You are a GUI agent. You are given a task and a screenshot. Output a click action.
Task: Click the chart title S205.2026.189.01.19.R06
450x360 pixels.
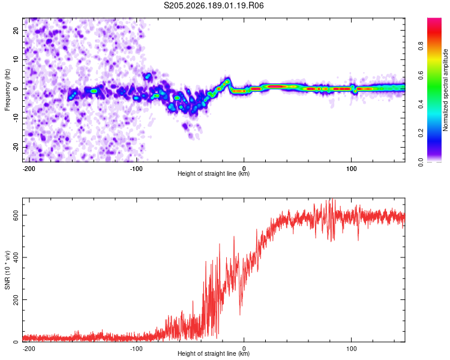click(x=214, y=5)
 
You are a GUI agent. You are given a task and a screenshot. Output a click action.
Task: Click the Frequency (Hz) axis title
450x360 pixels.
click(x=7, y=90)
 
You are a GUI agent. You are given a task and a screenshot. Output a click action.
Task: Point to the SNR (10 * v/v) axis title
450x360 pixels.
click(x=7, y=270)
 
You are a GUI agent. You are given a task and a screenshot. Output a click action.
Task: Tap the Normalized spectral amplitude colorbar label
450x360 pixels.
click(x=445, y=90)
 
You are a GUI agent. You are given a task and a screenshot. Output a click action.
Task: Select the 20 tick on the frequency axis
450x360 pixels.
click(x=16, y=30)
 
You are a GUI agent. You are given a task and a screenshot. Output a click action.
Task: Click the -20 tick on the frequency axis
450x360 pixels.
click(x=16, y=147)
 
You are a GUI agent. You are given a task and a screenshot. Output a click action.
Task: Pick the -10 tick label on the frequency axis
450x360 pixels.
click(x=16, y=118)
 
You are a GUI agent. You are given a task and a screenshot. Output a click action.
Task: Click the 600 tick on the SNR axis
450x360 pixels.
click(x=16, y=215)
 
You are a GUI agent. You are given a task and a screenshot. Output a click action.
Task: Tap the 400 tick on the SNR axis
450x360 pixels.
click(x=16, y=257)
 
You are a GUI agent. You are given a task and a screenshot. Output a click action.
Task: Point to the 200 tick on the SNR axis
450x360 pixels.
click(x=16, y=299)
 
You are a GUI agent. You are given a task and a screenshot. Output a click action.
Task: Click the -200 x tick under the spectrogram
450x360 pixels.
click(x=29, y=169)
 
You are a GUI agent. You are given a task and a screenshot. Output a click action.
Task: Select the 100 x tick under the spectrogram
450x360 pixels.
click(x=351, y=169)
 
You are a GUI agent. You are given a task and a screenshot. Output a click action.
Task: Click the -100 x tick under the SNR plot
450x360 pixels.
click(x=136, y=349)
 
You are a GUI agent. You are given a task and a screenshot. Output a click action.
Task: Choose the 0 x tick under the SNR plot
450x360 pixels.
click(x=244, y=349)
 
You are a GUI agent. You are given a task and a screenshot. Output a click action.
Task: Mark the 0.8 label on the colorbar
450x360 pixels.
click(x=421, y=46)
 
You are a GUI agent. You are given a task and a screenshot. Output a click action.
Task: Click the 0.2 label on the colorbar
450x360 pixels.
click(x=421, y=133)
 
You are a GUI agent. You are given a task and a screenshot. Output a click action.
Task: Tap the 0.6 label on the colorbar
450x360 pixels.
click(x=421, y=75)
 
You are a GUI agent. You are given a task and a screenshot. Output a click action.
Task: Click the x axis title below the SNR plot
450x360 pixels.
click(x=214, y=353)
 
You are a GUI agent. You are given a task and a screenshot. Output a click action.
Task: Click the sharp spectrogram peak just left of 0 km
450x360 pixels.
click(x=227, y=81)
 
